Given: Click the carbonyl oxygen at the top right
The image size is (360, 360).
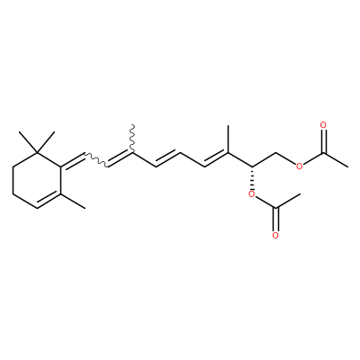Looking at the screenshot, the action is coord(323,125).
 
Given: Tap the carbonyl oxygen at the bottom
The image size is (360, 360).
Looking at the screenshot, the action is coord(275,236).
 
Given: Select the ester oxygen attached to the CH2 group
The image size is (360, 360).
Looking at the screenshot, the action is coord(299,166).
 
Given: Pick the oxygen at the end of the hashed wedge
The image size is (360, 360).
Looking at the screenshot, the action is coord(252,195).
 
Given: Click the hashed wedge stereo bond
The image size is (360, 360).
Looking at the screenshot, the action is coord(252,178).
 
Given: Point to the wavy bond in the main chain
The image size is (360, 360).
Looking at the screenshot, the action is coord(96,160).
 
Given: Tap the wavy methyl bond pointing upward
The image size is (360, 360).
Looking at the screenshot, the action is coord(132,139).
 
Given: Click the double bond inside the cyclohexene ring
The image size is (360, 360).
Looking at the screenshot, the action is coord(48,200).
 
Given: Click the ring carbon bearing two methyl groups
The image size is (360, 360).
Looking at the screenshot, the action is coord(37,153).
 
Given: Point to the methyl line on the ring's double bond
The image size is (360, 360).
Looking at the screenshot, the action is coord(73,202).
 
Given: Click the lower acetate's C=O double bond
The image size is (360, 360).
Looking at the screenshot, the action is coord(276,220).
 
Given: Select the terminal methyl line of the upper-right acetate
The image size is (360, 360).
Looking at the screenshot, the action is coord(336,160).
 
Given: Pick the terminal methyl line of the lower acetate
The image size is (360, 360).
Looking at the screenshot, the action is coord(288,201).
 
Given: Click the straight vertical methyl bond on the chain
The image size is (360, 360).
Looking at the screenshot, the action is coord(228,139).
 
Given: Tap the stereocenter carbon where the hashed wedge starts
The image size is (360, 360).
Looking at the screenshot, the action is coord(252,166).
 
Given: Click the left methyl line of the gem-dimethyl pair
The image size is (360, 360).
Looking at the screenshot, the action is coord(28,142).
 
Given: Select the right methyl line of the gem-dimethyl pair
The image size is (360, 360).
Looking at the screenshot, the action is coord(46,142).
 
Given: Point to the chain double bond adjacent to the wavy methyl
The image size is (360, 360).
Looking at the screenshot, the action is coord(120,159).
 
